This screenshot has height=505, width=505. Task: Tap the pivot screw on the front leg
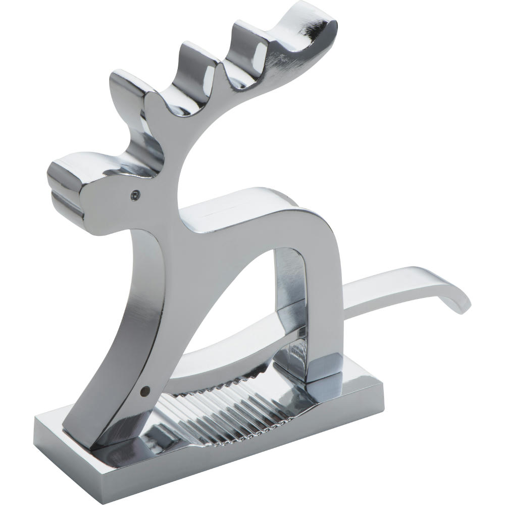(x=145, y=390)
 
